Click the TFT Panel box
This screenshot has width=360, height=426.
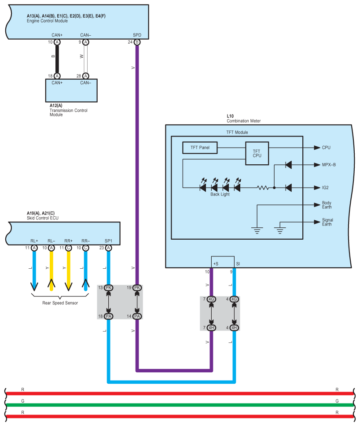(x=200, y=148)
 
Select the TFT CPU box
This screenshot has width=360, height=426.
(x=257, y=153)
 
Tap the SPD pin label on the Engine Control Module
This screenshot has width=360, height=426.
(x=137, y=35)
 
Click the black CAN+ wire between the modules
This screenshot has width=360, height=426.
(x=57, y=59)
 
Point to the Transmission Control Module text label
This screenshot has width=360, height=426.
(x=68, y=112)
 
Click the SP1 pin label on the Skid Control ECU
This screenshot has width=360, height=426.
(x=108, y=241)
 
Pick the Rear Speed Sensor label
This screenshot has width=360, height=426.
(x=60, y=303)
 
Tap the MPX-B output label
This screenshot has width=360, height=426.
(x=329, y=165)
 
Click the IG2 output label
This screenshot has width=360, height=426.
(x=325, y=188)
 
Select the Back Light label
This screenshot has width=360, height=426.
(x=220, y=194)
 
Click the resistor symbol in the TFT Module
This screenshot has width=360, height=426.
(x=263, y=188)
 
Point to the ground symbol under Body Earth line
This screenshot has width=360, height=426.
(x=257, y=230)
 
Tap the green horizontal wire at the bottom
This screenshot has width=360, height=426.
(x=180, y=405)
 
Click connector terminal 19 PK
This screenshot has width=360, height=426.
(x=137, y=288)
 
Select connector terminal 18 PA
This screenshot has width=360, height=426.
(x=108, y=316)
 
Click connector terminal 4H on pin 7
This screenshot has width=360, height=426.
(x=211, y=328)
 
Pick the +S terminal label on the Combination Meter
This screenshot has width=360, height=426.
(x=216, y=264)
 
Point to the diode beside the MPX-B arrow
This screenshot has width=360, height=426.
(x=289, y=165)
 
